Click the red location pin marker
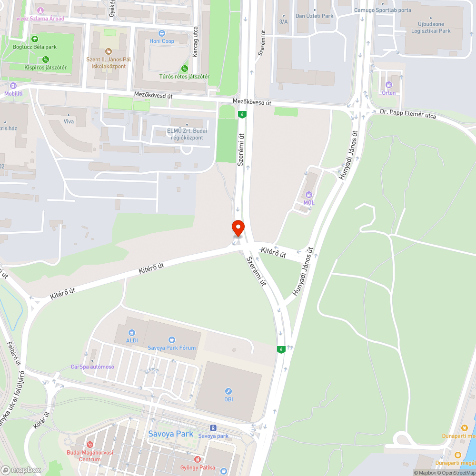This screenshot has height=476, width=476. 238,227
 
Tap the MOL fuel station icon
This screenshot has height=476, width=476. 309,194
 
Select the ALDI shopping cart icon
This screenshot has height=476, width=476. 132,332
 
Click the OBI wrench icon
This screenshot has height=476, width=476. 229,391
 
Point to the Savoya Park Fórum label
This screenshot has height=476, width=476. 172,347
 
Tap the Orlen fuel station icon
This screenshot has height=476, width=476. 389,85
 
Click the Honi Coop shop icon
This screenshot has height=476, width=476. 162,33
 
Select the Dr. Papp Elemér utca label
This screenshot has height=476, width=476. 408,113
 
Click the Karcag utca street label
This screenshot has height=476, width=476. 195,41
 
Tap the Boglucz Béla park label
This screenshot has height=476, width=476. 35,47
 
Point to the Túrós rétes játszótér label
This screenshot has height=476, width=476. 185,76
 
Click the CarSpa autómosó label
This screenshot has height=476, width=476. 92,367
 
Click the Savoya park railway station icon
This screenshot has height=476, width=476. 213,427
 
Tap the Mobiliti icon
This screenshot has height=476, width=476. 13,86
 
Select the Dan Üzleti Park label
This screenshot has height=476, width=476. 315,16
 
